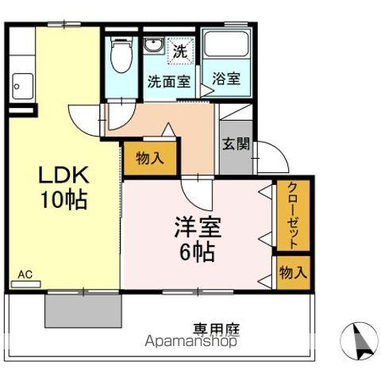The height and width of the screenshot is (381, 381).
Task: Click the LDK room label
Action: pyautogui.click(x=64, y=175)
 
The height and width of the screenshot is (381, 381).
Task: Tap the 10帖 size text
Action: pyautogui.click(x=64, y=200)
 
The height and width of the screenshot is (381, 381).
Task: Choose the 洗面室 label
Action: pyautogui.click(x=167, y=80)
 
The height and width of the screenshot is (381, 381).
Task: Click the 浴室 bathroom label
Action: pyautogui.click(x=225, y=79)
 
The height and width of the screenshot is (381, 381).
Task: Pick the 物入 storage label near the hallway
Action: pyautogui.click(x=150, y=158)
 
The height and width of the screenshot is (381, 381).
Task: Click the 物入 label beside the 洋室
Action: pyautogui.click(x=293, y=272)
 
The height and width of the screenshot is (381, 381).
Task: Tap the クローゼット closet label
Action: pyautogui.click(x=293, y=216)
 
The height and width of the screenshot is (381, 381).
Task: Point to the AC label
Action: pyautogui.click(x=25, y=275)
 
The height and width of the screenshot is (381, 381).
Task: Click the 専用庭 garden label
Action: pyautogui.click(x=216, y=328)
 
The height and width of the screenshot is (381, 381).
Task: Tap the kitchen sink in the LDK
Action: pyautogui.click(x=22, y=83)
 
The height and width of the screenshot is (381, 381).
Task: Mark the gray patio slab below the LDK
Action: pyautogui.click(x=83, y=311)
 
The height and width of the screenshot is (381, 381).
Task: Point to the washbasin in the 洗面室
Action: pyautogui.click(x=155, y=45)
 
